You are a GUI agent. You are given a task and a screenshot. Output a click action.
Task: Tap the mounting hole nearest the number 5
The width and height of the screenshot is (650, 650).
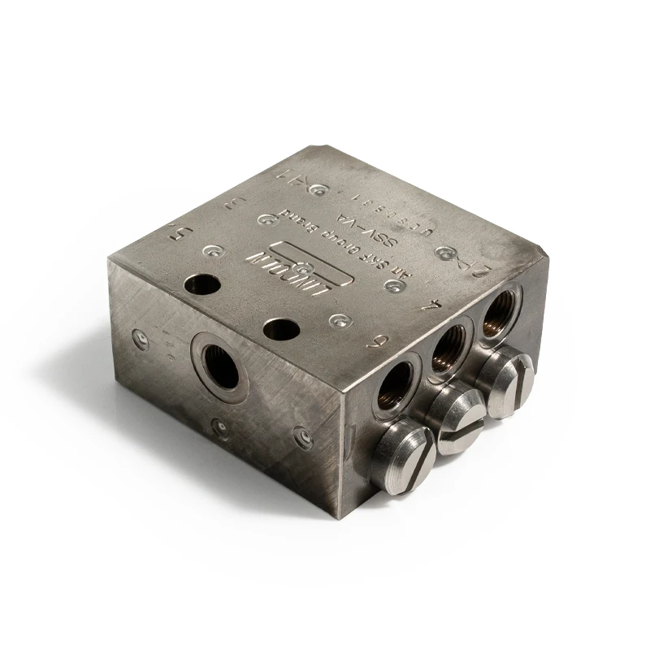click(201, 285)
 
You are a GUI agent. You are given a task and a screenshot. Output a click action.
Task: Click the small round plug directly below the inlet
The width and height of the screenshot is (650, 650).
click(217, 424)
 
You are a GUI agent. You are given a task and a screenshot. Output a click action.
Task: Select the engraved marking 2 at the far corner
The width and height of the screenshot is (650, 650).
click(483, 266)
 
